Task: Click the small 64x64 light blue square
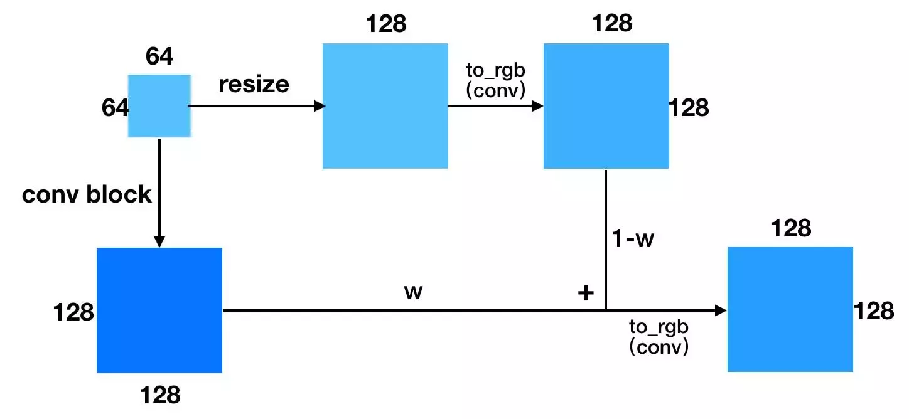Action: [159, 106]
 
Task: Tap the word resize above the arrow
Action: [254, 85]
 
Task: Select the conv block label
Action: [87, 194]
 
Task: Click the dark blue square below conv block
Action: [159, 310]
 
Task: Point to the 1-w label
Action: [633, 238]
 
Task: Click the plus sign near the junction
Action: [586, 292]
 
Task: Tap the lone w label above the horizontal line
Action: [413, 292]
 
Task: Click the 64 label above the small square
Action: [159, 56]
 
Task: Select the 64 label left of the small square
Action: [115, 108]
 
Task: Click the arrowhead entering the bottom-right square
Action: [721, 310]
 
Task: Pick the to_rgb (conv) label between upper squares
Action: [495, 80]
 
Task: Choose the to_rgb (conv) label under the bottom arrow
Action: [659, 337]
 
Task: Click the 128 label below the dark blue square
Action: [160, 395]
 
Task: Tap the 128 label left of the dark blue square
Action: [73, 312]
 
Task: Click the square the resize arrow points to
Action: [385, 106]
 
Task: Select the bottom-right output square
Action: [790, 309]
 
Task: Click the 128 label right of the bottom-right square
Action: [874, 311]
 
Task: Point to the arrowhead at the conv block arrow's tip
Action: [159, 241]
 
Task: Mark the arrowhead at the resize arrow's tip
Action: [320, 106]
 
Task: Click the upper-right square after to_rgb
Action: [606, 106]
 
